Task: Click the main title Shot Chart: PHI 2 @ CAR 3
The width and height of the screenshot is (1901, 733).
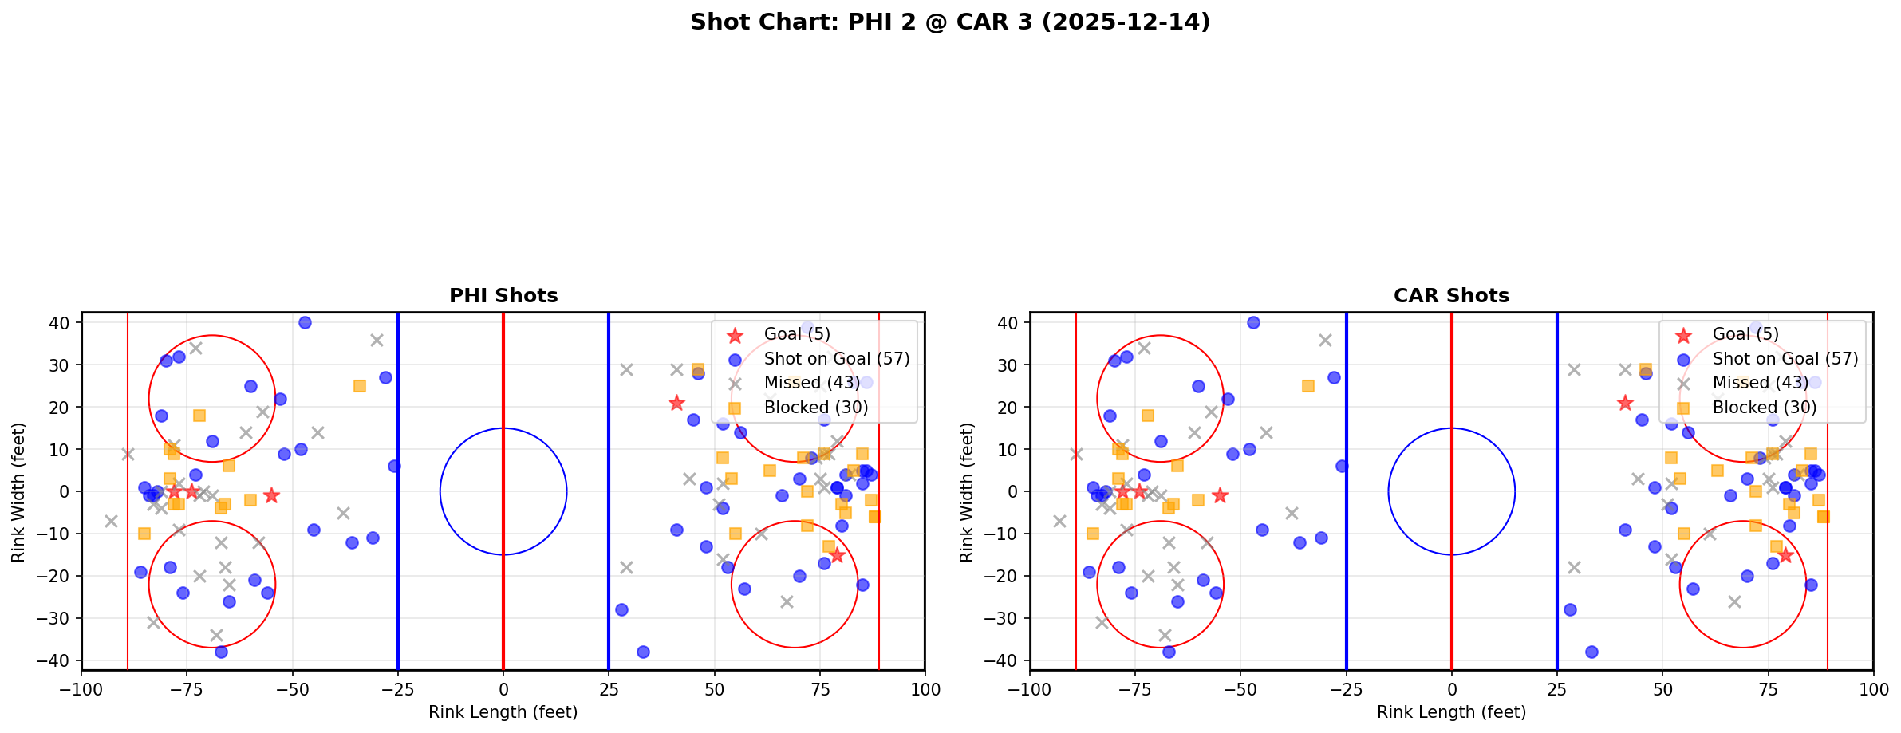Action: tap(949, 22)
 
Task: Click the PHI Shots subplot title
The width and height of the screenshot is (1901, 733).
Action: tap(503, 296)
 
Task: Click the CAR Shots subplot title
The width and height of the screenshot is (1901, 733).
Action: tap(1451, 296)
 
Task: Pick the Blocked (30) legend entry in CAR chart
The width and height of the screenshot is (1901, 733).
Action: tap(1764, 408)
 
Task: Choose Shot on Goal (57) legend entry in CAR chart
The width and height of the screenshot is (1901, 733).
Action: tap(1785, 359)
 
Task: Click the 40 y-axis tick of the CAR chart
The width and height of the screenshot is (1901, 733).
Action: tap(1009, 323)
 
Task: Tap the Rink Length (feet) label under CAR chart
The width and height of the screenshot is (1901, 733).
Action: tap(1451, 712)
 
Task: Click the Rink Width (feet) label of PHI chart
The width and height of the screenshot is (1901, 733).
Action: tap(18, 492)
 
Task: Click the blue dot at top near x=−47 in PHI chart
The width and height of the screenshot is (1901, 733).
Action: tap(305, 323)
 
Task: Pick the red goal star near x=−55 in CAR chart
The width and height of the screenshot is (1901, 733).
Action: tap(1220, 495)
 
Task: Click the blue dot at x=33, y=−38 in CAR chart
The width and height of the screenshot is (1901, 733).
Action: tap(1591, 652)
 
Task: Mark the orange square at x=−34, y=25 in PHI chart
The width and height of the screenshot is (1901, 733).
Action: tap(360, 386)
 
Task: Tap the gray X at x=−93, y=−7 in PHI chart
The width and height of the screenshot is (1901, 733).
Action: tap(111, 521)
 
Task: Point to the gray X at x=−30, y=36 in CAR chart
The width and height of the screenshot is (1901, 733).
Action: tap(1325, 340)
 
